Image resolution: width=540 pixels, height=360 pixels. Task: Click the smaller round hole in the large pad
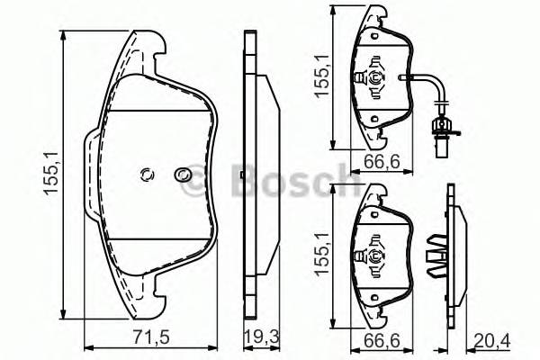(148, 175)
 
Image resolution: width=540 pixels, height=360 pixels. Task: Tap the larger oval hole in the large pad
(182, 175)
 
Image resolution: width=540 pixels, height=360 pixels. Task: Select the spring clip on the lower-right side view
(437, 254)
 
